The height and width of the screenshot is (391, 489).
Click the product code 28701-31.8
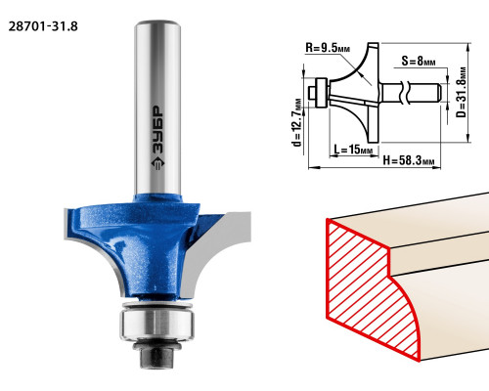pyautogui.click(x=43, y=26)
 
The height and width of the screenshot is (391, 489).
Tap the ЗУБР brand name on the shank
pyautogui.click(x=158, y=131)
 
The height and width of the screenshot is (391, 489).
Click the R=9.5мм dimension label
pyautogui.click(x=328, y=48)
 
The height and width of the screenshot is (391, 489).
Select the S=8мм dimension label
pyautogui.click(x=419, y=61)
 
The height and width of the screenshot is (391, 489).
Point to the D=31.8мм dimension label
pyautogui.click(x=461, y=92)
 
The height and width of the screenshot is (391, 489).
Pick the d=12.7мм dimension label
pyautogui.click(x=297, y=122)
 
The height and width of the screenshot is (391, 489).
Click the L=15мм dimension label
pyautogui.click(x=353, y=150)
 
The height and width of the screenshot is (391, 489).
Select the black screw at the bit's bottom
pyautogui.click(x=157, y=356)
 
